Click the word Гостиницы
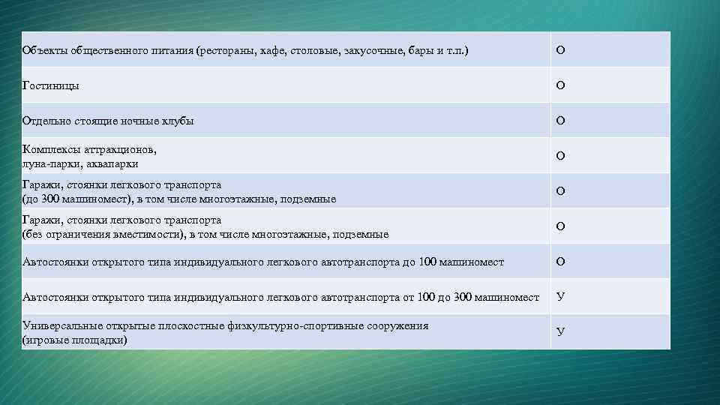(x=51, y=85)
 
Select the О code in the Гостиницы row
(x=560, y=85)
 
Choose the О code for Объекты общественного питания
(x=560, y=50)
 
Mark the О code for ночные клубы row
(x=560, y=121)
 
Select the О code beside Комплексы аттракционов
(x=560, y=156)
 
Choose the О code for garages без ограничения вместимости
(x=560, y=226)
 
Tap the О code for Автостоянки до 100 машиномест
(x=560, y=262)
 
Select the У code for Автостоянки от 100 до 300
(x=560, y=297)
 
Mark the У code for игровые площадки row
(x=560, y=332)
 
